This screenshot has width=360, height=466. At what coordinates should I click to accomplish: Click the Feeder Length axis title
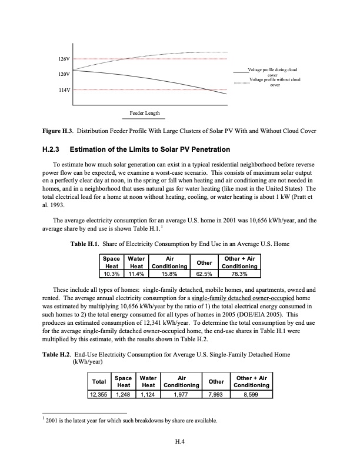point(144,113)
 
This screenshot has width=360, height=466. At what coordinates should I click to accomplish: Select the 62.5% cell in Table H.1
point(204,273)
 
